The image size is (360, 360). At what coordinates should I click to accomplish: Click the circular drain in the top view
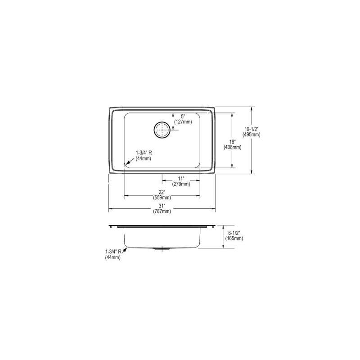(162, 130)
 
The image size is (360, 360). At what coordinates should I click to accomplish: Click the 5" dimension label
(183, 117)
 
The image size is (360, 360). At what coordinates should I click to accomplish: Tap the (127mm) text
(183, 122)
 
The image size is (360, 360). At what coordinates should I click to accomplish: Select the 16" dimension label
(233, 142)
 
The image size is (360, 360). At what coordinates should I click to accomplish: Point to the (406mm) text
(233, 148)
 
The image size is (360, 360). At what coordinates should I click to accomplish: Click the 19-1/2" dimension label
(252, 129)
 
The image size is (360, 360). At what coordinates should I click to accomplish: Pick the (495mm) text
(252, 135)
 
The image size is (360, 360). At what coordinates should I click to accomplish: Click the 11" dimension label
(181, 178)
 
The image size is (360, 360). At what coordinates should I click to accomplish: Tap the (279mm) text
(181, 184)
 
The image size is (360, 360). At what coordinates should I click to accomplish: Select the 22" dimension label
(162, 192)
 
